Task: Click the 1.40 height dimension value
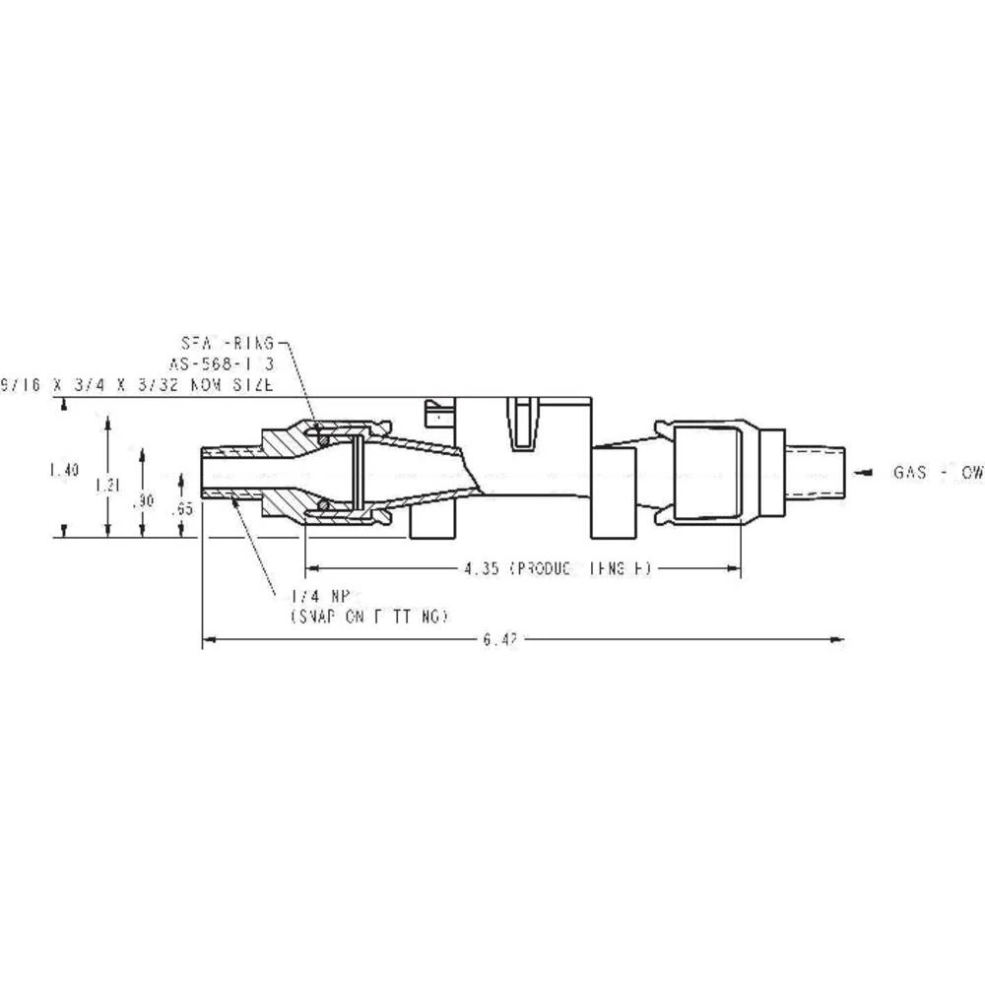(x=63, y=471)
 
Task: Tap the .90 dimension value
(x=144, y=500)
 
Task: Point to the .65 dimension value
(x=181, y=509)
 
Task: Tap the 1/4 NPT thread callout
(x=314, y=597)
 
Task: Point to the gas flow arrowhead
(x=861, y=474)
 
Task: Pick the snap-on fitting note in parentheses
(x=369, y=617)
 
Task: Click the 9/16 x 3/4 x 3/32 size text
(x=138, y=384)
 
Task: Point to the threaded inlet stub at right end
(x=817, y=474)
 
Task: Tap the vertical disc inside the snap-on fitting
(x=361, y=470)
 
